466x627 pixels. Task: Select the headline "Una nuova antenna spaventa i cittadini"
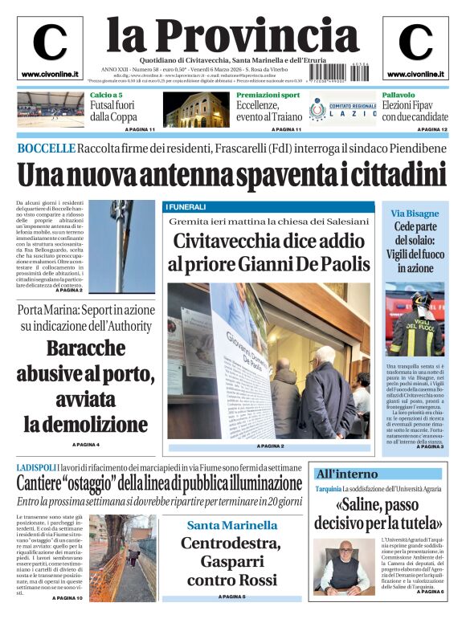tap(231, 174)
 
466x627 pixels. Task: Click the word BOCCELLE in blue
tap(46, 149)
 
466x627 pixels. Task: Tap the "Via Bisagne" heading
tap(415, 214)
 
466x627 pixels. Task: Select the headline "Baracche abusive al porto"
tap(85, 385)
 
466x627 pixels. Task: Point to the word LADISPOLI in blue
tap(36, 467)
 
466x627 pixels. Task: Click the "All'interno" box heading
tap(346, 474)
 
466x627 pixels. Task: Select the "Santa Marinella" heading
tap(232, 525)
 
